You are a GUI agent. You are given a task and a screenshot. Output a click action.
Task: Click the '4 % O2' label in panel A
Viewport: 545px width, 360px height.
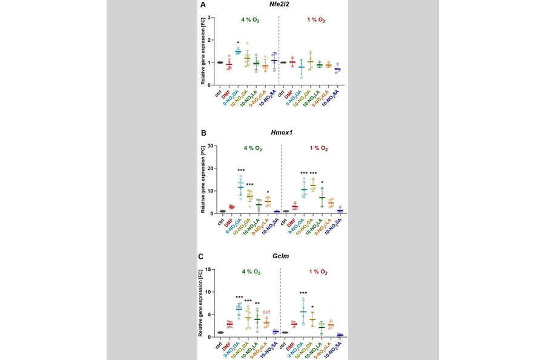pos(249,20)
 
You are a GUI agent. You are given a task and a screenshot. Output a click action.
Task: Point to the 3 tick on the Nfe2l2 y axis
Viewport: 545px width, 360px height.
pos(209,17)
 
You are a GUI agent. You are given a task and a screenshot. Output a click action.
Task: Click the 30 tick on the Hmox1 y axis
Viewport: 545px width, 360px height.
pos(210,145)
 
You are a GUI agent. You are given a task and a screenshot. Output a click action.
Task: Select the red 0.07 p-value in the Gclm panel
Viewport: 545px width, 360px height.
pos(266,312)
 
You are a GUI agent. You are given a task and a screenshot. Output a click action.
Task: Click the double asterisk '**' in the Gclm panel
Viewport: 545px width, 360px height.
pos(257,304)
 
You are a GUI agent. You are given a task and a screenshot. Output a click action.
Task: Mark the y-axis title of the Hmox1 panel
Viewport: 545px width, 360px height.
pos(202,179)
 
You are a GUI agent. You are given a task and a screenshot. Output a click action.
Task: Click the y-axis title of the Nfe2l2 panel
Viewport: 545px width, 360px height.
pos(202,51)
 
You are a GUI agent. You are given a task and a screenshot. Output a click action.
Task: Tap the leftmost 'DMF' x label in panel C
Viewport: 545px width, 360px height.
pos(228,347)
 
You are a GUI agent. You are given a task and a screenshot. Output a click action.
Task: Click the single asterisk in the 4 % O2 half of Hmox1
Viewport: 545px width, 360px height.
pos(267,193)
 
